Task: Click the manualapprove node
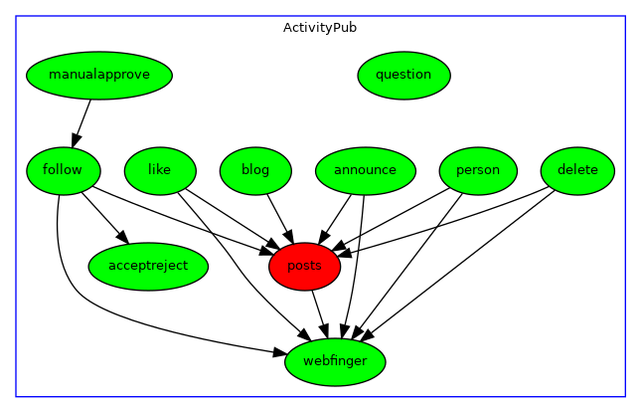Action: click(x=99, y=75)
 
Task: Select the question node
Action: click(x=403, y=75)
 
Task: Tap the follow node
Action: click(x=63, y=170)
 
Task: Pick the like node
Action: click(x=159, y=170)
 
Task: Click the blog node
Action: click(x=255, y=170)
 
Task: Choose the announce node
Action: click(x=365, y=170)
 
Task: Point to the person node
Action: click(x=478, y=170)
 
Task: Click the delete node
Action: click(x=577, y=170)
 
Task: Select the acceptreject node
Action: click(x=148, y=266)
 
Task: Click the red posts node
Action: click(x=304, y=266)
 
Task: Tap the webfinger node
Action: click(x=335, y=361)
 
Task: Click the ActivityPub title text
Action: click(x=320, y=28)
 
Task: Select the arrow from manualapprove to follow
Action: click(x=82, y=122)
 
